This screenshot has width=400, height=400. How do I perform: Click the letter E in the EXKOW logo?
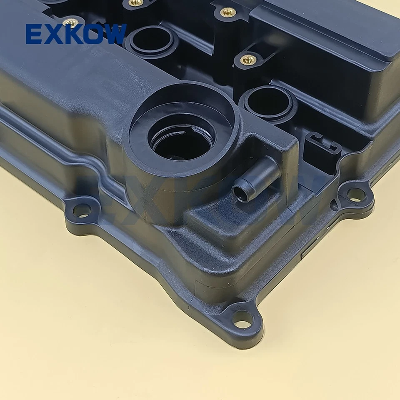[x=34, y=34]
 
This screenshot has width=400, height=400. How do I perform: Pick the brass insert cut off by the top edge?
[x=136, y=2]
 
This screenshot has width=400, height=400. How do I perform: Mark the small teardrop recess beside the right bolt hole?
[x=334, y=205]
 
